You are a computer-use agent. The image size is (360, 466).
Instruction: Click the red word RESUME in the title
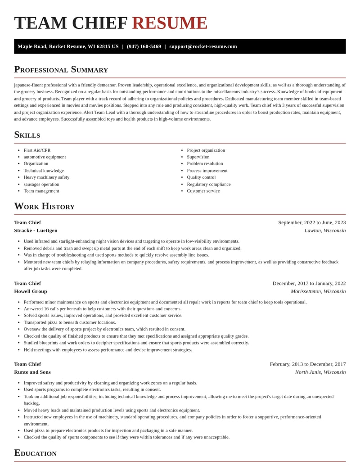point(170,23)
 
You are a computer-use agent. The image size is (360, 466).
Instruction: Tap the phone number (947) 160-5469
point(144,46)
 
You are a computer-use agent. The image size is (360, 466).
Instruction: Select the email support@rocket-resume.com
point(203,46)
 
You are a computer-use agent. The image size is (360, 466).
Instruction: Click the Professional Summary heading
point(61,69)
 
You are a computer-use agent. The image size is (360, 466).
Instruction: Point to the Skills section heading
point(27,135)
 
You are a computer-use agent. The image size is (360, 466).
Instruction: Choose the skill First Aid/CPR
point(37,150)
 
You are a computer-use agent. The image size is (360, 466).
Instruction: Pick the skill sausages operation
point(41,184)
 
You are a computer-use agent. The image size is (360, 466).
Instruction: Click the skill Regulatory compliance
point(208,184)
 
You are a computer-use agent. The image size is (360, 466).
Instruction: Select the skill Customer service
point(203,191)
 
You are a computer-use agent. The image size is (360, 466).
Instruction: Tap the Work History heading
point(44,206)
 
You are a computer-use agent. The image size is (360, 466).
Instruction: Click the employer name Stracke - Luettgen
point(36,231)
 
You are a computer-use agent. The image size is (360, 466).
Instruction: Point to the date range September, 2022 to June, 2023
point(311,222)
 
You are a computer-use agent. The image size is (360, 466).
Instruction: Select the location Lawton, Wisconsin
point(325,231)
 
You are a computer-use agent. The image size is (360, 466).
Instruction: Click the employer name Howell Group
point(30,291)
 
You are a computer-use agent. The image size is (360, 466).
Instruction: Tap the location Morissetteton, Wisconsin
point(318,291)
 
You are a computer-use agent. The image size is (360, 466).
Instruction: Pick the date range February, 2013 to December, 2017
point(307,364)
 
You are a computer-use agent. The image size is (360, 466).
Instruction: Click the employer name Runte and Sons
point(32,372)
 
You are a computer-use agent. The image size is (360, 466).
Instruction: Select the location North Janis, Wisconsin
point(320,372)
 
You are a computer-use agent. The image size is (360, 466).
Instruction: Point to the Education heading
point(35,453)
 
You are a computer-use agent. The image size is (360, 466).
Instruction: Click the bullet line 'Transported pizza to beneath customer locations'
point(70,322)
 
